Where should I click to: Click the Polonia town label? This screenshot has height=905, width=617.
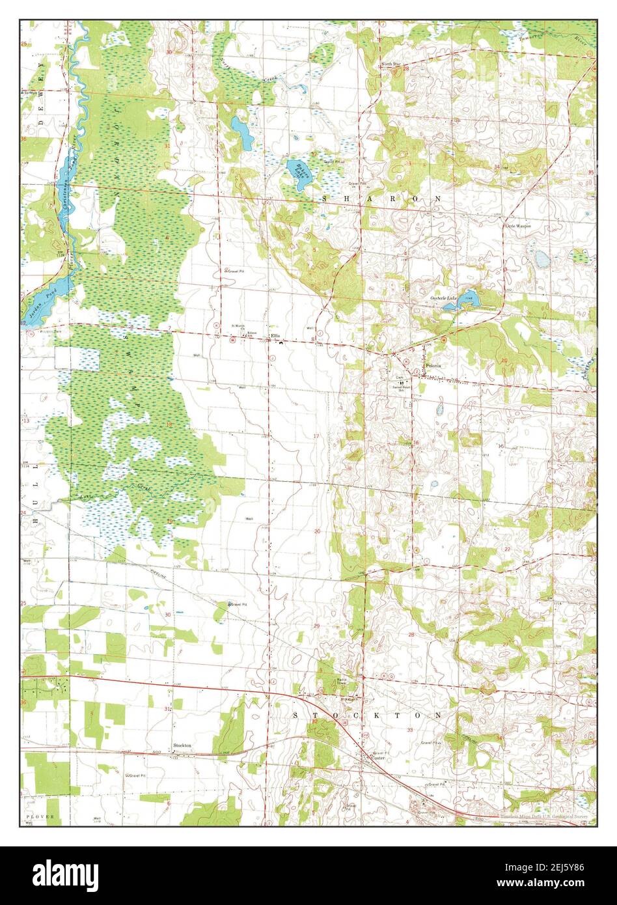[x=433, y=366]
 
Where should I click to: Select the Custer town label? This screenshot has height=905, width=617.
[x=379, y=758]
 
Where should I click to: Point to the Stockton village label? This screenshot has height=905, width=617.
[x=182, y=745]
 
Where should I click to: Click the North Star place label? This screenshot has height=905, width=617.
[x=391, y=64]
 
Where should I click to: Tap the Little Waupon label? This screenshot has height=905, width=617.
[x=518, y=226]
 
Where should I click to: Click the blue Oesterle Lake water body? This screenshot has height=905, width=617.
[x=470, y=299]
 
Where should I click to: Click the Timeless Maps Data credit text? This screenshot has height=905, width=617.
[x=547, y=815]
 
